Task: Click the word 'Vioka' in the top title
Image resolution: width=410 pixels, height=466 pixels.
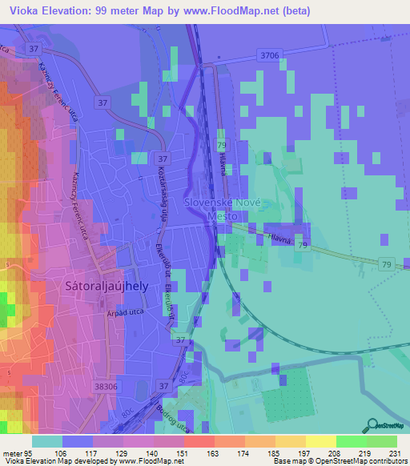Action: tap(22, 10)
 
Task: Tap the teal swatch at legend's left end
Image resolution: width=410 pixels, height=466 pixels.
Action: tap(47, 440)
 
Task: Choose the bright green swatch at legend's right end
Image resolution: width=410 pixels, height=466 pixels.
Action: tap(382, 440)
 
